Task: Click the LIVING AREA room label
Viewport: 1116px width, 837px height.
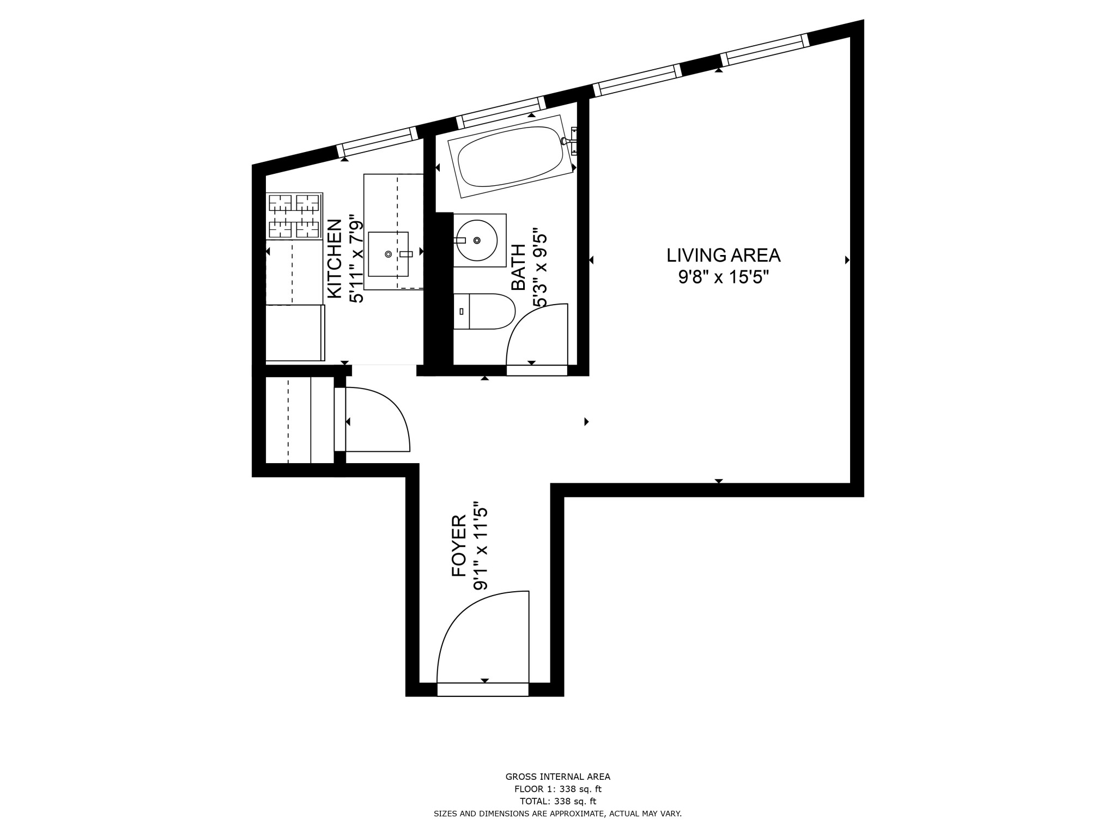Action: coord(723,255)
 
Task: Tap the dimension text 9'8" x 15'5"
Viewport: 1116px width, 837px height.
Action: coord(723,277)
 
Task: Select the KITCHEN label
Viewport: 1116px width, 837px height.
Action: coord(334,258)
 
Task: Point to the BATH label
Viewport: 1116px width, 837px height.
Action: coord(518,267)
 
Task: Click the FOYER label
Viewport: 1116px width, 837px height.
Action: coord(459,545)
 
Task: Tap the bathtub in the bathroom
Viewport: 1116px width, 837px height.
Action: coord(510,156)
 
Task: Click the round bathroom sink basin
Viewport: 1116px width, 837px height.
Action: coord(477,240)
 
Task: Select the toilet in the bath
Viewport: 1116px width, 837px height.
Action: coord(484,312)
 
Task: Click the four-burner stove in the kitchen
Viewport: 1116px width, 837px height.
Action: coord(294,216)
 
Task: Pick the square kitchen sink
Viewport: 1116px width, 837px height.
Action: coord(389,254)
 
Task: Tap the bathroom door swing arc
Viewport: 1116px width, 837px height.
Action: coord(537,335)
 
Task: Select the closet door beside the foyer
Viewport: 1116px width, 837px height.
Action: coord(376,420)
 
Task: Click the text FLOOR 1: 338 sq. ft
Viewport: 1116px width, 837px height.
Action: coord(557,789)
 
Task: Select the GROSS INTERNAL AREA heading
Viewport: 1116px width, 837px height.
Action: coord(557,777)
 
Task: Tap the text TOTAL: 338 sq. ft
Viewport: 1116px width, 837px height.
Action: coord(557,801)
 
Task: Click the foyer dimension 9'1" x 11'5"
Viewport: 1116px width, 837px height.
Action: coord(480,545)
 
